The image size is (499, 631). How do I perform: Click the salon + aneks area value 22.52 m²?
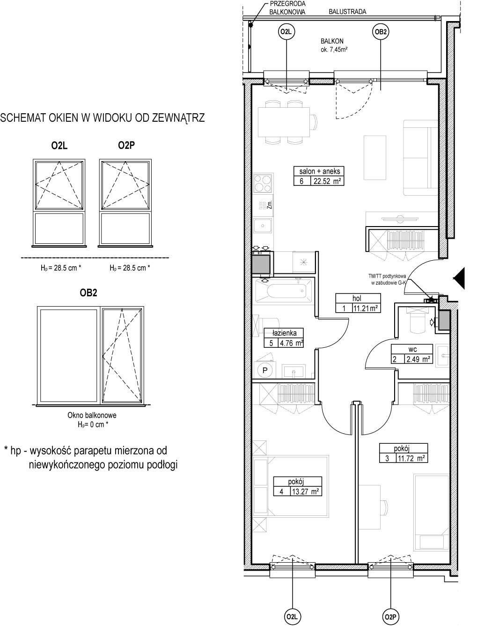tap(327, 181)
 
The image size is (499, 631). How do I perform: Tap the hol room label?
tap(357, 298)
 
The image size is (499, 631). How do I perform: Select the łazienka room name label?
tap(284, 333)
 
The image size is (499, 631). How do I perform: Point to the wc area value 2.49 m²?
tap(418, 359)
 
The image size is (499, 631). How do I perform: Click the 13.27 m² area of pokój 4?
tap(305, 492)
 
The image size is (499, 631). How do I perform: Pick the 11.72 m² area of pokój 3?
tap(411, 458)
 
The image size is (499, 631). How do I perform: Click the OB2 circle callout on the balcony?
tap(381, 32)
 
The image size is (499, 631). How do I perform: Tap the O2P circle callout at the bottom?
tap(390, 617)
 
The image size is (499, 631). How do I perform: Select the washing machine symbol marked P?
tap(265, 370)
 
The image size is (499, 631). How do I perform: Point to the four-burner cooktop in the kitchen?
tap(263, 183)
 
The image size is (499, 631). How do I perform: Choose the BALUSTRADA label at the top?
tap(347, 12)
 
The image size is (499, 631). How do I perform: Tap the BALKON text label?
tap(332, 41)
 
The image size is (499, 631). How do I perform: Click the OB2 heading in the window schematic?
tap(88, 293)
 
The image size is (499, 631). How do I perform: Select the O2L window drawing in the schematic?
tap(59, 203)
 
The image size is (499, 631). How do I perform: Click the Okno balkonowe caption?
tap(92, 415)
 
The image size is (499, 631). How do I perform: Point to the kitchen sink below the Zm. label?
tap(263, 226)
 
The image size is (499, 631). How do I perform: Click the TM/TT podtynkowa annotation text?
tap(387, 276)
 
